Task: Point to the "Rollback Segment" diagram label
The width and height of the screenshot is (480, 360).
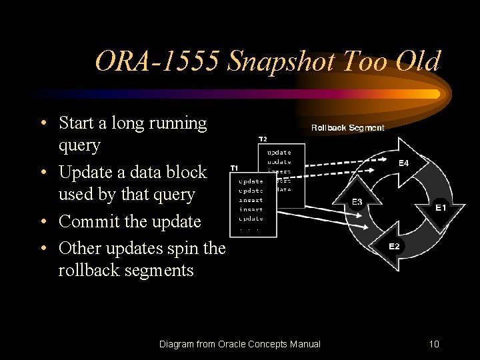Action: pyautogui.click(x=347, y=127)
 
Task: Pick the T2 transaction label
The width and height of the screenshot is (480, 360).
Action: pyautogui.click(x=263, y=139)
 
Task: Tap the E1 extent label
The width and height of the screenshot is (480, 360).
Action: pyautogui.click(x=441, y=208)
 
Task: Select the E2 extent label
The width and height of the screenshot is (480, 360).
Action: pyautogui.click(x=394, y=246)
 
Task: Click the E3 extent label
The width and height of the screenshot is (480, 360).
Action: pyautogui.click(x=357, y=201)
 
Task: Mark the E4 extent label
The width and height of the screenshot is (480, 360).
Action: pyautogui.click(x=404, y=163)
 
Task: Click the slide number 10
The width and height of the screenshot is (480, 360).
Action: pyautogui.click(x=434, y=344)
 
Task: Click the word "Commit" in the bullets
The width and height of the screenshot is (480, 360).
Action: pyautogui.click(x=87, y=221)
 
